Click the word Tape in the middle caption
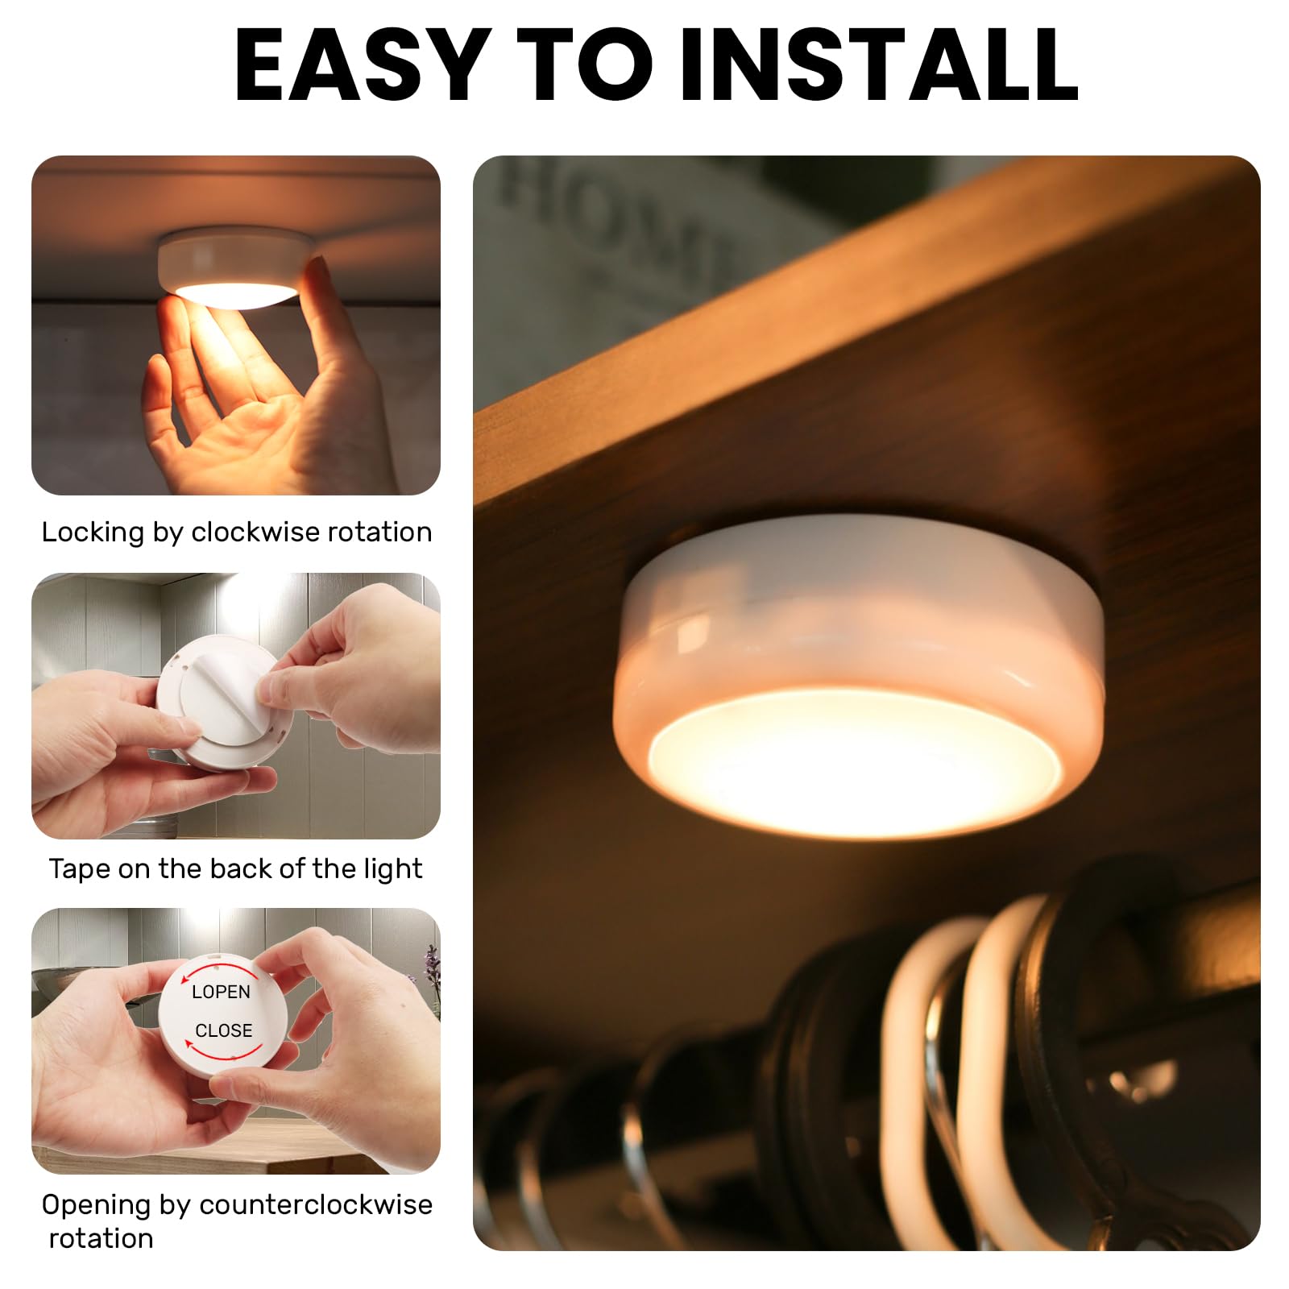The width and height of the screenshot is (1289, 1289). (x=79, y=869)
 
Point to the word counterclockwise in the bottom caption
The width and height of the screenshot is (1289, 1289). (x=316, y=1205)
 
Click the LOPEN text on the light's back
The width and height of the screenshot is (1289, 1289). (x=221, y=993)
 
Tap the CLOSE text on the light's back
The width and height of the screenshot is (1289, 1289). (x=223, y=1031)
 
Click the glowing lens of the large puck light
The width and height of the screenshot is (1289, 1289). (x=854, y=761)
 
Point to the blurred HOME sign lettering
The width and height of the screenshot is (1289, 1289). (x=612, y=218)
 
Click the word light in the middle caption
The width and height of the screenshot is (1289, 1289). (x=392, y=869)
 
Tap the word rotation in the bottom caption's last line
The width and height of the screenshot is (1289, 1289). (x=102, y=1239)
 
